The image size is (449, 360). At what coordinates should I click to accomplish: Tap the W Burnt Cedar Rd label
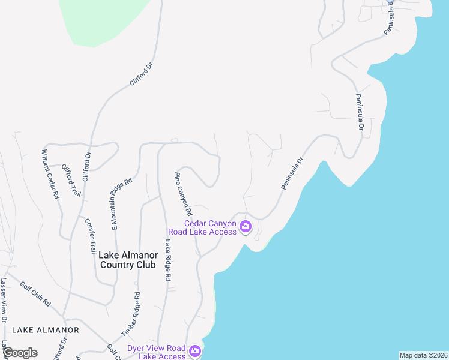tap(50, 174)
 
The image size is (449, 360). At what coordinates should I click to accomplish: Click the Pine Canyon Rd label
tap(183, 194)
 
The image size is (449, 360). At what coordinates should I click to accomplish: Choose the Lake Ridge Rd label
tap(168, 260)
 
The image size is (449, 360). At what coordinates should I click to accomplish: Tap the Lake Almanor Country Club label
tap(128, 260)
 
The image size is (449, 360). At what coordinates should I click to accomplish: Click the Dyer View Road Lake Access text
tap(157, 352)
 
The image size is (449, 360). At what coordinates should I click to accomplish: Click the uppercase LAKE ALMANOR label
tap(46, 330)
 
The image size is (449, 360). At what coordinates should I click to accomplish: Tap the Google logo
tap(20, 353)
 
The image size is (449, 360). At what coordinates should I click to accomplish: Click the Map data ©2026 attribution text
tap(423, 355)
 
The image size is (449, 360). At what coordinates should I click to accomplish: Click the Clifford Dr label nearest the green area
tap(142, 74)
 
